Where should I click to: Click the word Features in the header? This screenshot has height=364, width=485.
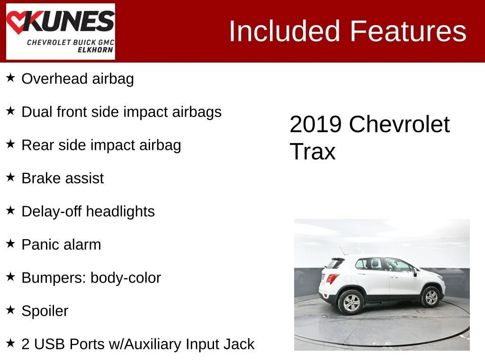408,31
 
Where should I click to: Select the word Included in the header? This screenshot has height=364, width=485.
285,31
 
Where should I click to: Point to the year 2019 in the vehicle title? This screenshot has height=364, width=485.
315,125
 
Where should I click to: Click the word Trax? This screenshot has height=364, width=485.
313,152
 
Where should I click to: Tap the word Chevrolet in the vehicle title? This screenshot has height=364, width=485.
399,125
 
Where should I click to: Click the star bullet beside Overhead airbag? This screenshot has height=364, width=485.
10,78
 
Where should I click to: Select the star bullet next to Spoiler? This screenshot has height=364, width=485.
10,310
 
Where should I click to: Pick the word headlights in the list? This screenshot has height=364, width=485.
120,212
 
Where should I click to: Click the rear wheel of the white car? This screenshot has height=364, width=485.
351,302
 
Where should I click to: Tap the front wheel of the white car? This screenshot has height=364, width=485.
431,297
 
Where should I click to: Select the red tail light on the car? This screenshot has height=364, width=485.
332,279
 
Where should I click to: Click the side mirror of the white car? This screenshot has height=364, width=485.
415,272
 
